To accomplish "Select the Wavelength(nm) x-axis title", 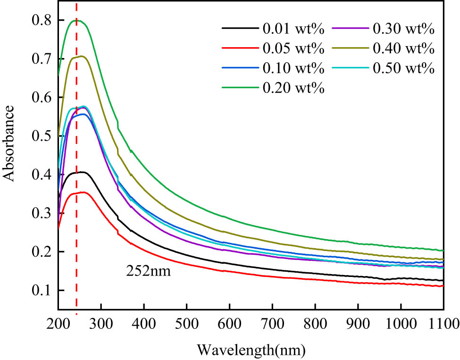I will click(251, 350).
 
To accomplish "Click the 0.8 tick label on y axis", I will click(41, 20).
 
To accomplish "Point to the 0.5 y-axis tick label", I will click(41, 136).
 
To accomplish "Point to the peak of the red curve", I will click(83, 192).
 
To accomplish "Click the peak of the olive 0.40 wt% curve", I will click(82, 56).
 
